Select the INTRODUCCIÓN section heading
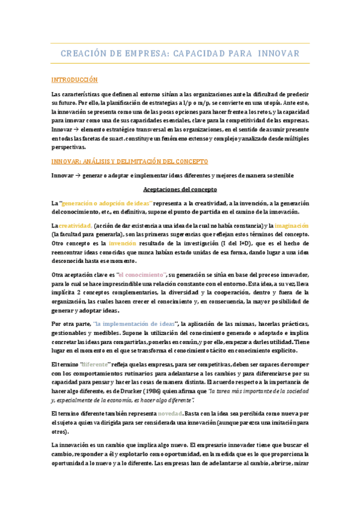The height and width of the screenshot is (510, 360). click(x=75, y=79)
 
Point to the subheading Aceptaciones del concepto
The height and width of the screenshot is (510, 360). click(x=180, y=189)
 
